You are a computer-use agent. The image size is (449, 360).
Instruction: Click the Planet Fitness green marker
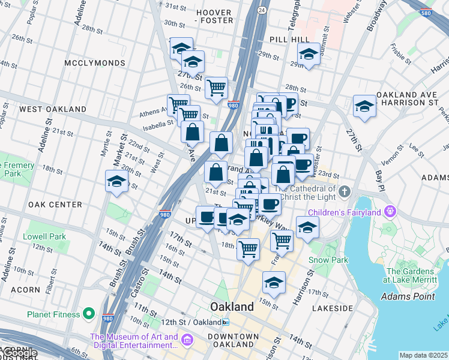[89, 314]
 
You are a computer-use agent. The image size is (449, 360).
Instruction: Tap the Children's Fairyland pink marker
[391, 211]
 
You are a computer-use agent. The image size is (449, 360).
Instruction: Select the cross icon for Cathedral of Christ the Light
[343, 192]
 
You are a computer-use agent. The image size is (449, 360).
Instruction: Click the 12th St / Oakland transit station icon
[226, 322]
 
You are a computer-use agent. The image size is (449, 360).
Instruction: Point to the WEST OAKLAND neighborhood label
[53, 109]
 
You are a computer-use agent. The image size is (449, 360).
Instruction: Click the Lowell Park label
[44, 236]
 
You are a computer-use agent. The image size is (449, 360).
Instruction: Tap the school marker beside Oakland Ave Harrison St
[364, 106]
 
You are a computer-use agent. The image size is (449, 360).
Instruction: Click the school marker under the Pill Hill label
[309, 55]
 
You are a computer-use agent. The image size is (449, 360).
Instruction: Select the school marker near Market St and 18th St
[116, 181]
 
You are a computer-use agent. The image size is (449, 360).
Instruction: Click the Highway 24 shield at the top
[262, 10]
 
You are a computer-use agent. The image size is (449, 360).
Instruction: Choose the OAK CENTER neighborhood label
[50, 205]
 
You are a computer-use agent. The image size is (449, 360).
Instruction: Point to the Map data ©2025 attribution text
[423, 355]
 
